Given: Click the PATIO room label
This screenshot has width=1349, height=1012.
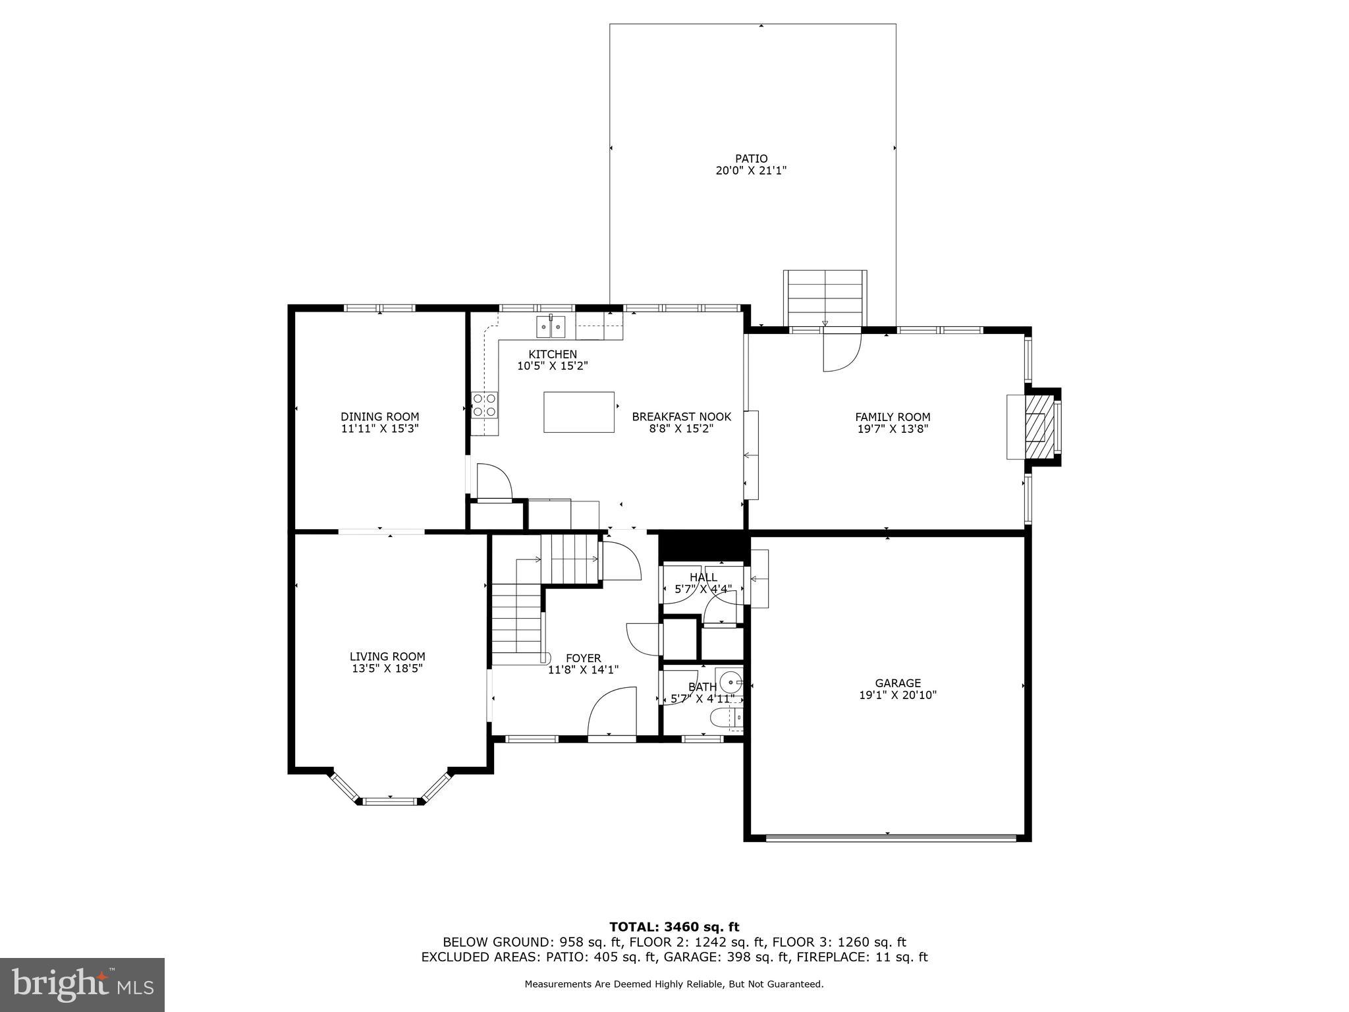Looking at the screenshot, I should (751, 159).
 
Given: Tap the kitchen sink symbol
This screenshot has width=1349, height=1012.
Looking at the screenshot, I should (550, 326).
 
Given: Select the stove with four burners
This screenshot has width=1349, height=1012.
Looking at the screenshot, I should (484, 405).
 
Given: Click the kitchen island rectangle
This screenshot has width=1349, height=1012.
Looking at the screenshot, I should (578, 412).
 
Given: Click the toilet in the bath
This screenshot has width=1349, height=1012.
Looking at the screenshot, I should (726, 717).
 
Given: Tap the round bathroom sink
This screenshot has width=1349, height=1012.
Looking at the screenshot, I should (729, 679).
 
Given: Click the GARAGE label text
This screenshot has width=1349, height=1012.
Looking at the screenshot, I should (897, 683).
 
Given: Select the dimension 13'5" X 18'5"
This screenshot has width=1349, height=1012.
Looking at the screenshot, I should (387, 668).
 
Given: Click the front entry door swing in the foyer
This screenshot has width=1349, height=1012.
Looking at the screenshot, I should (613, 712).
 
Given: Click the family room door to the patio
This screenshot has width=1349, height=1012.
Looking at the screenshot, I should (841, 351).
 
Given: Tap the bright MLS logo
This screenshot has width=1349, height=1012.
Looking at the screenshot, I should (82, 985).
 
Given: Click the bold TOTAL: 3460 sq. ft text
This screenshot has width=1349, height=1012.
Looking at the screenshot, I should (674, 927).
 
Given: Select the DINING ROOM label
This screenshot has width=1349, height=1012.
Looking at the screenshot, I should (379, 416).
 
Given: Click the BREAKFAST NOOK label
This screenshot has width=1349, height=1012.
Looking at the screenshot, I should (681, 416).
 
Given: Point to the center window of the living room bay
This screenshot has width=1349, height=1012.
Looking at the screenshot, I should (391, 801).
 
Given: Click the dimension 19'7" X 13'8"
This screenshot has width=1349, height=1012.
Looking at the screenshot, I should (893, 428).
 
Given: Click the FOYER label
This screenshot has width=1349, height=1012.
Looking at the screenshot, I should (583, 658).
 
